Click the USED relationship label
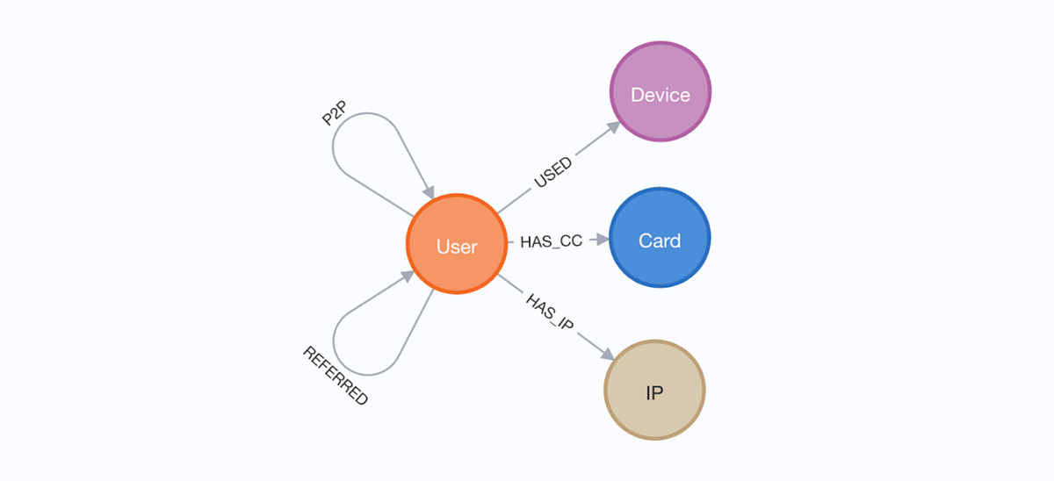point(552,172)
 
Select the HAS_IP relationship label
point(550,312)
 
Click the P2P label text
point(335,113)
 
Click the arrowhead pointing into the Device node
point(611,128)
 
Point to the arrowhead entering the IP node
point(605,353)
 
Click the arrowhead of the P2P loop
point(428,190)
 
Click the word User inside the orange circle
point(457,247)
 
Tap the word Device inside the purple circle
point(661,95)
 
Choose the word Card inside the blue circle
point(660,240)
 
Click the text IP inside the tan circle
point(654,392)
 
